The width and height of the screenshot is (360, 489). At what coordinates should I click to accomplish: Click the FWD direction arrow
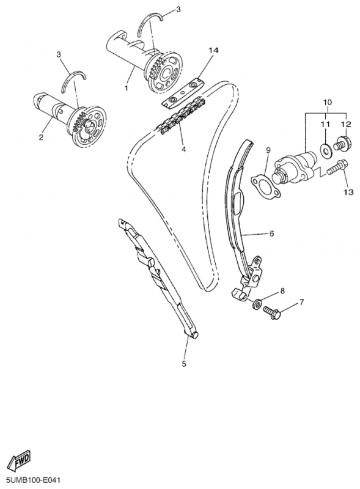[20, 460]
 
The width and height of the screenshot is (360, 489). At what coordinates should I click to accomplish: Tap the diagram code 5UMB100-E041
[31, 480]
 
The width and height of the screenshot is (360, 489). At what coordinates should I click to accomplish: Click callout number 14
[214, 50]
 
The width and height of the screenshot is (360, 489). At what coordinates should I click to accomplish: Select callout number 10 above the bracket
[328, 102]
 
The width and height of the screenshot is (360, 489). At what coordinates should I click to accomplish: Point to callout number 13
[348, 192]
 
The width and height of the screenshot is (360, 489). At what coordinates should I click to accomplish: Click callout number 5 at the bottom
[184, 363]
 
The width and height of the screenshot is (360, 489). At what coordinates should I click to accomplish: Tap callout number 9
[268, 150]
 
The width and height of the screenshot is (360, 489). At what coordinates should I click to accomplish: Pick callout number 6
[271, 233]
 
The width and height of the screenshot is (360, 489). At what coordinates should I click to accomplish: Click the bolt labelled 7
[274, 314]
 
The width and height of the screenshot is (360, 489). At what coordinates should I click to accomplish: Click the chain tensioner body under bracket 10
[292, 167]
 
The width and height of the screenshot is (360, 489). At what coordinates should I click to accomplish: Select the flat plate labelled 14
[183, 94]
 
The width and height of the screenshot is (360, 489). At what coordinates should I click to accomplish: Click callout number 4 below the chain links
[184, 149]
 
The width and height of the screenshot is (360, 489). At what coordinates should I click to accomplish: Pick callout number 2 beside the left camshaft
[41, 137]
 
